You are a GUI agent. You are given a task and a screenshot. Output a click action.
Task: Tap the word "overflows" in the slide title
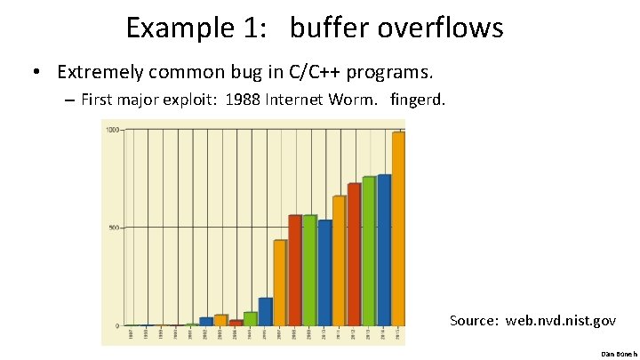(440, 28)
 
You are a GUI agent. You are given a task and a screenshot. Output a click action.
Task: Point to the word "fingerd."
(418, 100)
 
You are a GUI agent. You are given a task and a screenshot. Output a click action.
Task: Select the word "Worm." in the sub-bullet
(354, 100)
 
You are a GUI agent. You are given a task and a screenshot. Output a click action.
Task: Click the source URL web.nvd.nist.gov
(560, 320)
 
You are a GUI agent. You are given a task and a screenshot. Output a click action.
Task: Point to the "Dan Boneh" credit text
(615, 354)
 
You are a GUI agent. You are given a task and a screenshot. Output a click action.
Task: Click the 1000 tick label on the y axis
(113, 131)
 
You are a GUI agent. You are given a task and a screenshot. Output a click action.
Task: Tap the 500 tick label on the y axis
(114, 228)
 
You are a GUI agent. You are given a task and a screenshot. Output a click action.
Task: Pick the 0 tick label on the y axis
(116, 325)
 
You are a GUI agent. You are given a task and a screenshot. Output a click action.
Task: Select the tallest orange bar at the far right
(398, 228)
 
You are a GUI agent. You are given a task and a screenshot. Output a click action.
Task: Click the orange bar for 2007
(280, 283)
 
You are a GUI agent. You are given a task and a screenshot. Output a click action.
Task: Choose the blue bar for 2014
(384, 250)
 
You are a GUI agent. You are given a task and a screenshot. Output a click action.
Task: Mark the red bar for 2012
(354, 254)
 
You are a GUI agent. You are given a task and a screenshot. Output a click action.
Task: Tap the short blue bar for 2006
(265, 311)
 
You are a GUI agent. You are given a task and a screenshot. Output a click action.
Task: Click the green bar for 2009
(309, 270)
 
